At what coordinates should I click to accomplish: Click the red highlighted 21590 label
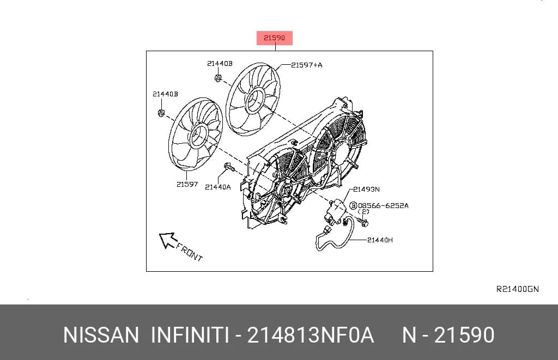(x=275, y=38)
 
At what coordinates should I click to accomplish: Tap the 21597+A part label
(x=307, y=65)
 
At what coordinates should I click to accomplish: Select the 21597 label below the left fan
(x=187, y=184)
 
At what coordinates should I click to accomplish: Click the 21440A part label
(x=218, y=187)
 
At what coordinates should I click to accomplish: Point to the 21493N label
(x=366, y=190)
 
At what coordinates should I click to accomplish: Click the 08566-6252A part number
(x=383, y=206)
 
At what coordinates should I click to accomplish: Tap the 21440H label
(x=380, y=240)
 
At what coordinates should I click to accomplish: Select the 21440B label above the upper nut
(x=220, y=64)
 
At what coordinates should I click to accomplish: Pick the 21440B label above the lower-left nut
(x=165, y=94)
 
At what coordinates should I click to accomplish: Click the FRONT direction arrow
(x=168, y=240)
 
